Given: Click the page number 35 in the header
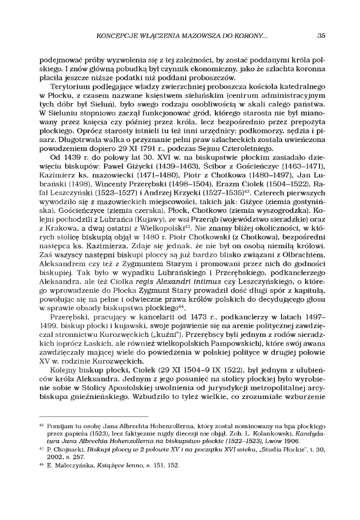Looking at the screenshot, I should pyautogui.click(x=321, y=35).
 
